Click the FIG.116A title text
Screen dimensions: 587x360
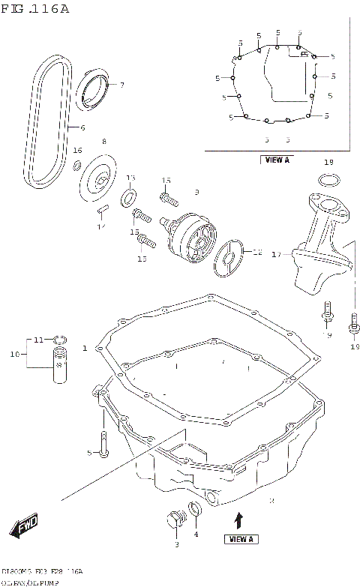click(x=35, y=9)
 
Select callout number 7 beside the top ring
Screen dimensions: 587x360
click(x=121, y=85)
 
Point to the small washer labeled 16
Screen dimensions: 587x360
click(x=77, y=165)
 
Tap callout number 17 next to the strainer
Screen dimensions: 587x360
click(x=275, y=254)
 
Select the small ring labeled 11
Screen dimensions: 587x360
click(x=60, y=340)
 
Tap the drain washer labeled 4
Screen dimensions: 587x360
click(x=197, y=511)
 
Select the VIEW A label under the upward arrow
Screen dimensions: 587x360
click(x=241, y=538)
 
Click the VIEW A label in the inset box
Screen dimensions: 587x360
click(x=277, y=160)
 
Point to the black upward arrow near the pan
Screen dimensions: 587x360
click(x=239, y=519)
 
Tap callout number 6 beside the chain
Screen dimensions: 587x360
click(x=82, y=127)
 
